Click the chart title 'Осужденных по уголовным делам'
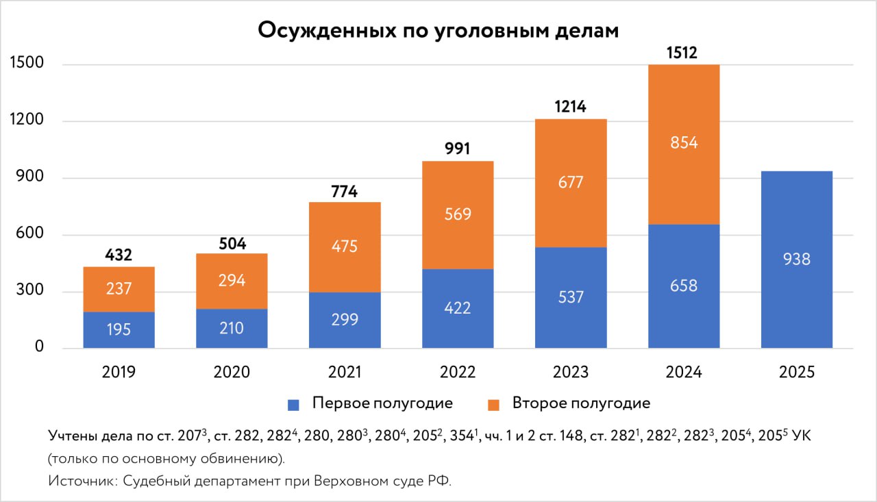[438, 32]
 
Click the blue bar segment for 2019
[119, 330]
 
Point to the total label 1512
[683, 52]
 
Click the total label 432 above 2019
[119, 255]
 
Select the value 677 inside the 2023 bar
[570, 183]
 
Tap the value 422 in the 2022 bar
[458, 308]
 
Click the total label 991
[458, 149]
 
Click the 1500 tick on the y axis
[27, 64]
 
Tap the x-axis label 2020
[232, 373]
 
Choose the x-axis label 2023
[570, 373]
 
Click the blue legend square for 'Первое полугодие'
[294, 404]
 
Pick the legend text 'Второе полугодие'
[581, 403]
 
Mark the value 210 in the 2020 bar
[232, 329]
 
